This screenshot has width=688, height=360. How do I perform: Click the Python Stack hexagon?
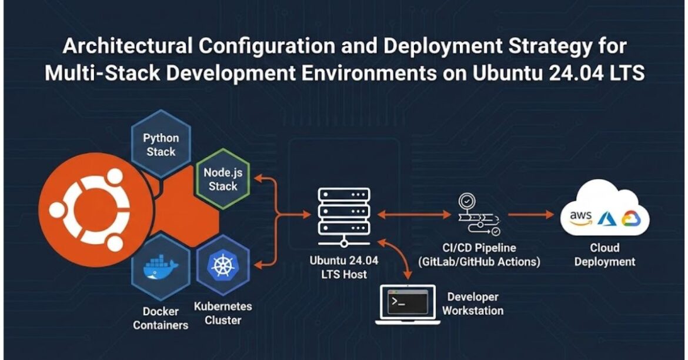click(x=161, y=144)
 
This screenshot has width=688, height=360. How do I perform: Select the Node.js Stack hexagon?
click(x=221, y=179)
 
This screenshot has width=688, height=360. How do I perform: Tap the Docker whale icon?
click(x=161, y=268)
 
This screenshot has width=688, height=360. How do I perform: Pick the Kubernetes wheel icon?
click(x=222, y=265)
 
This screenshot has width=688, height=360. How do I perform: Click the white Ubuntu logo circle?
click(x=89, y=210)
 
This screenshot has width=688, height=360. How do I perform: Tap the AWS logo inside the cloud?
click(x=580, y=218)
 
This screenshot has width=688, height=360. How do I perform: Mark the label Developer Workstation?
click(x=472, y=304)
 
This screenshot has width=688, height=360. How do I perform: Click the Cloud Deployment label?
click(x=604, y=255)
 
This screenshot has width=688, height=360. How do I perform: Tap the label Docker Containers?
click(x=161, y=318)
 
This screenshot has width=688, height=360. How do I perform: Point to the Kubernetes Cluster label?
click(x=223, y=314)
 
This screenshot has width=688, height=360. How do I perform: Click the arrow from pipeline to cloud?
click(x=530, y=215)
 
